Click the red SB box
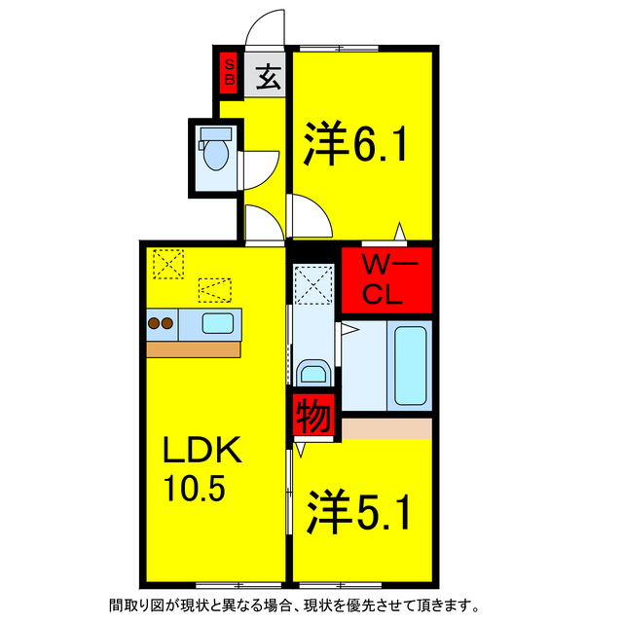229,73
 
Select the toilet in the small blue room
214,152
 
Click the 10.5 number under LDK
194,487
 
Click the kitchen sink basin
217,322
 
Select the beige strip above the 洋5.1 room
386,427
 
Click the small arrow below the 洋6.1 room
399,232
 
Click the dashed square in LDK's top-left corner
168,264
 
